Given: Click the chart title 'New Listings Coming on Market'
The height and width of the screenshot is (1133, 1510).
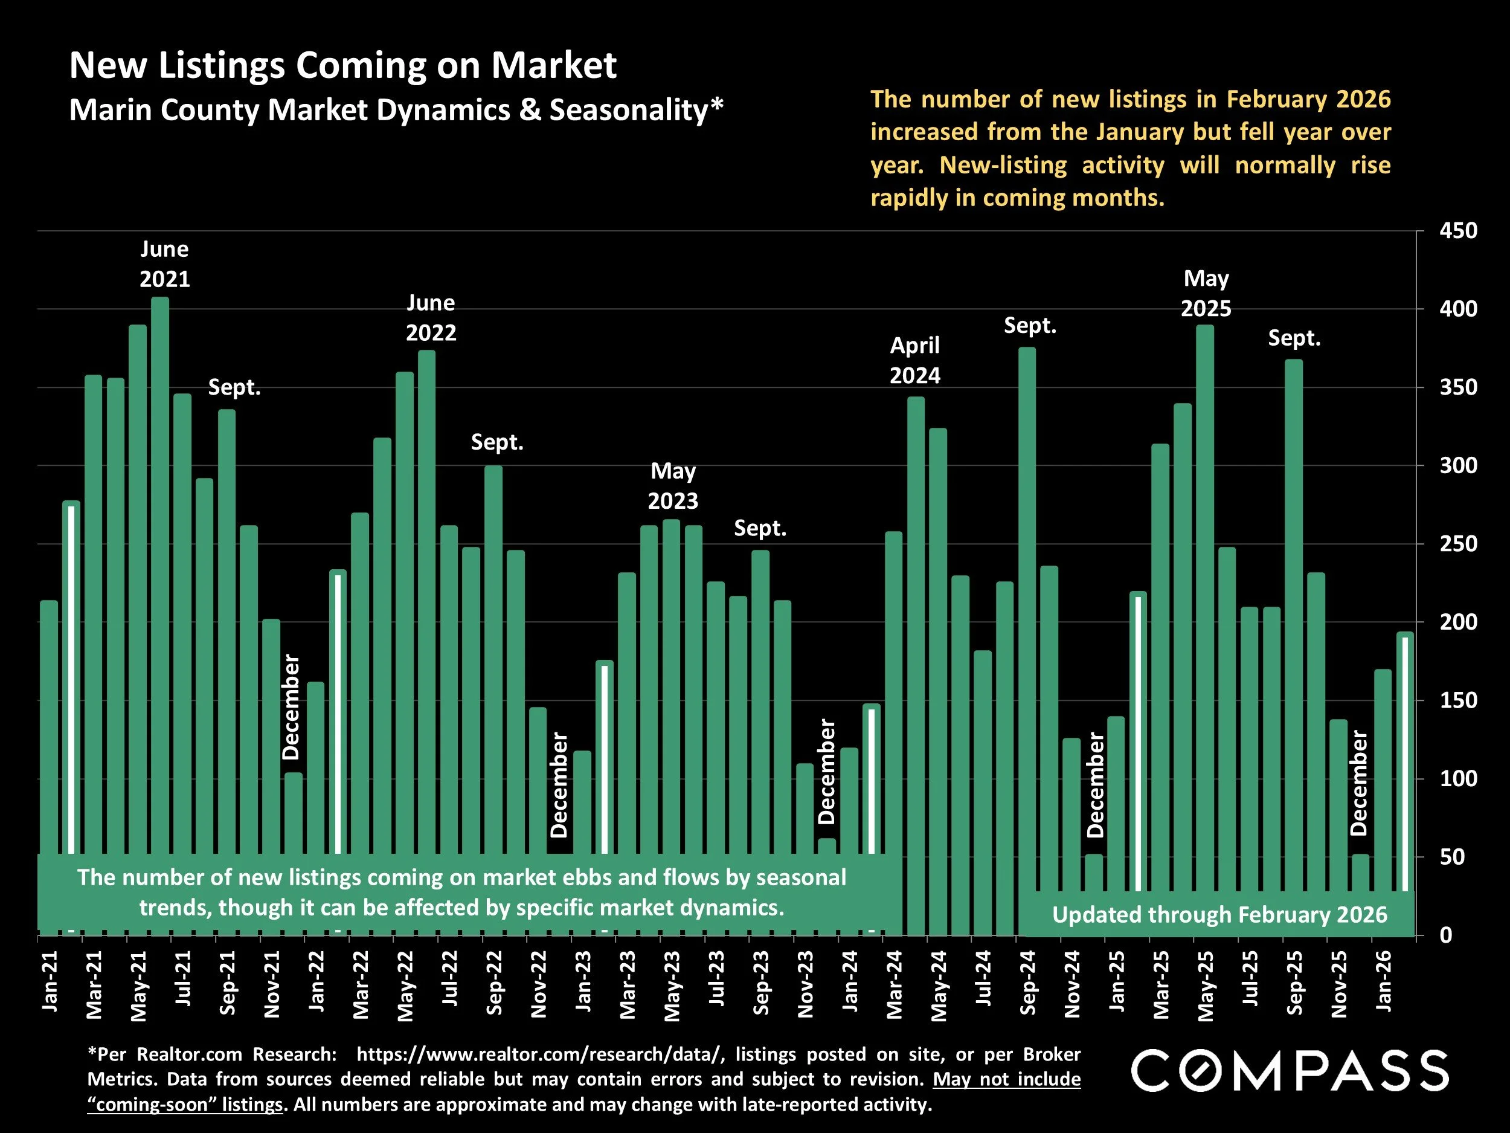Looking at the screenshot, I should (342, 65).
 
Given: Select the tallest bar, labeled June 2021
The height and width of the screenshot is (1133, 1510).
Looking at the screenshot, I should (159, 546).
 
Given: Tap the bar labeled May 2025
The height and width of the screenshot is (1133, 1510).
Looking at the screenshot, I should (1205, 581).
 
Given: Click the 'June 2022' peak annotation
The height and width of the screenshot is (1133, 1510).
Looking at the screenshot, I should (431, 318).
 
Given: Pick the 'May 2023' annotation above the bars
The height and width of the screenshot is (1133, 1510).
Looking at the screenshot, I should (672, 486).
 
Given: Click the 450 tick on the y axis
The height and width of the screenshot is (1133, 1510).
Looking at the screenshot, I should (1458, 231).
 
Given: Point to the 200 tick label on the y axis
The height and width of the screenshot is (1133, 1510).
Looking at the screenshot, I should (1458, 622).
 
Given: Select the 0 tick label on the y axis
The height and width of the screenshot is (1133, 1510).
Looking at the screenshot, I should (1446, 935).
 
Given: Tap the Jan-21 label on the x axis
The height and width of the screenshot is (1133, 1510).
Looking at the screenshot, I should (50, 981).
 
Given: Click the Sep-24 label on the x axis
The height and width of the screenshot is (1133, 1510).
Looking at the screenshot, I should (1028, 982).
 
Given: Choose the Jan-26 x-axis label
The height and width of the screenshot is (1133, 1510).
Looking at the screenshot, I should (1384, 981).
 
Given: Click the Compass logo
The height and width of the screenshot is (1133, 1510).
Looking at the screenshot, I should (1290, 1070).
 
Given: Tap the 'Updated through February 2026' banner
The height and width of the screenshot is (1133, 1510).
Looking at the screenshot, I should (1219, 914).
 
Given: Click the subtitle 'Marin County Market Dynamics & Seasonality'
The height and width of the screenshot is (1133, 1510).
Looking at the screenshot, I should (396, 110).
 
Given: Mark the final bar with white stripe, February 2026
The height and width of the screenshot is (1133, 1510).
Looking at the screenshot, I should (1405, 758).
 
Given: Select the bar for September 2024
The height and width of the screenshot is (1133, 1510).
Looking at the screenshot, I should (1027, 615).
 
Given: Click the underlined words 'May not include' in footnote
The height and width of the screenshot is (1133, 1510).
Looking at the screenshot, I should (1007, 1079).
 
